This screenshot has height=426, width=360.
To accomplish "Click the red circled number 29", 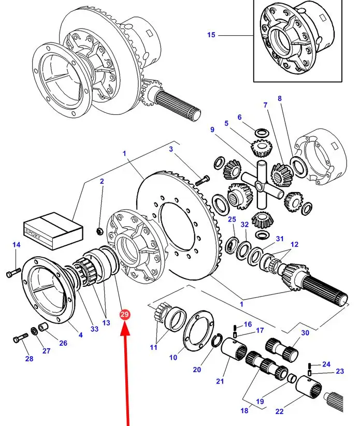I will point(125,314).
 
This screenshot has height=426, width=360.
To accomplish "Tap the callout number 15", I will point(211,35).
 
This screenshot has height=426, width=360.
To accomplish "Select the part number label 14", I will point(16,244).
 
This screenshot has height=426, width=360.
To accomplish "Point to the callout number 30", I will point(305,333).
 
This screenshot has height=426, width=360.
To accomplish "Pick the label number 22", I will point(279,412).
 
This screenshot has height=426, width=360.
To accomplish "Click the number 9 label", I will point(212,129).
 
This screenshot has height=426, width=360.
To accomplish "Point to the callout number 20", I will point(196,369).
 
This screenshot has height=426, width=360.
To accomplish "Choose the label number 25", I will point(232,219).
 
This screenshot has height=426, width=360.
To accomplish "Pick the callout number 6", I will point(239,117).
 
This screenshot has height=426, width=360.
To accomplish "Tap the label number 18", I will point(244,410).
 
